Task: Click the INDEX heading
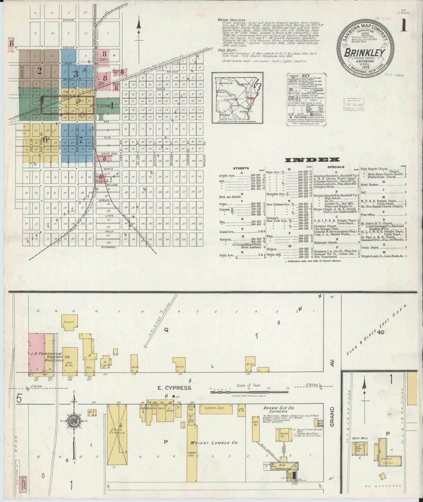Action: pyautogui.click(x=312, y=160)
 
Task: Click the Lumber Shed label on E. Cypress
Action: pyautogui.click(x=214, y=408)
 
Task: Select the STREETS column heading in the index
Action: pyautogui.click(x=241, y=168)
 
